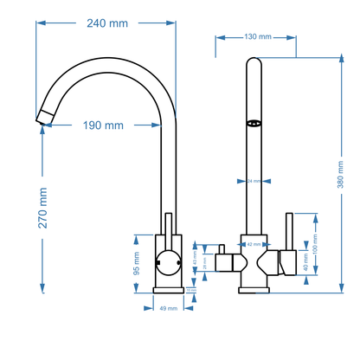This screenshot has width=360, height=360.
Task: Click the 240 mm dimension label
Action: click(x=106, y=23)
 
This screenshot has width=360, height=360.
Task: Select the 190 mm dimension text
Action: click(x=103, y=125)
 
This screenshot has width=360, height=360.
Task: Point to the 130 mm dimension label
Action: click(x=258, y=37)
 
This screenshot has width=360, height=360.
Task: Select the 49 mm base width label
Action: click(x=168, y=307)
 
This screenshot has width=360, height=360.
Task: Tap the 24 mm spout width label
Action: click(x=254, y=182)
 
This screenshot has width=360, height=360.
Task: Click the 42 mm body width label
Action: click(x=254, y=245)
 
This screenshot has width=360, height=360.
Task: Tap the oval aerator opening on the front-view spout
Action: click(x=254, y=123)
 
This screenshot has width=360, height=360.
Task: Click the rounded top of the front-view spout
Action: click(x=254, y=61)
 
